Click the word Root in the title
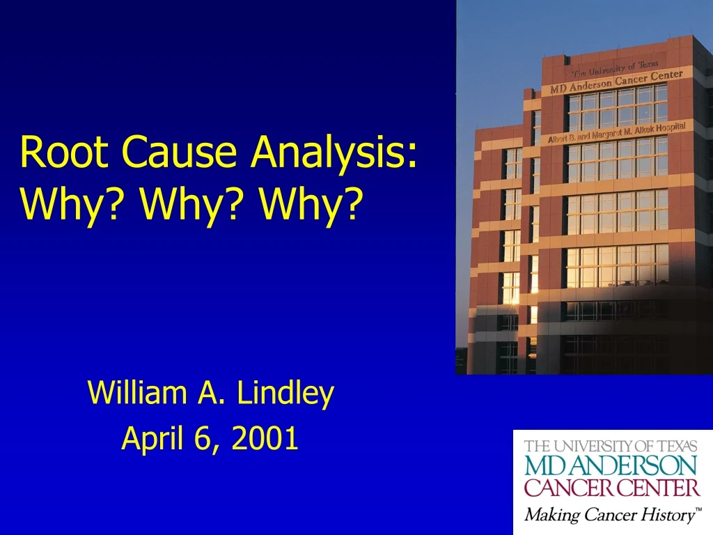pos(62,152)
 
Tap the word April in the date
pos(150,439)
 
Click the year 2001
pos(265,439)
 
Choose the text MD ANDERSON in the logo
pos(610,465)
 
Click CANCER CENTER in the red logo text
pos(611,487)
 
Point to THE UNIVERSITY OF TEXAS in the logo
pos(610,446)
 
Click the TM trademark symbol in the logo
pos(698,511)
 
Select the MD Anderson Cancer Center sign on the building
pos(616,82)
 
